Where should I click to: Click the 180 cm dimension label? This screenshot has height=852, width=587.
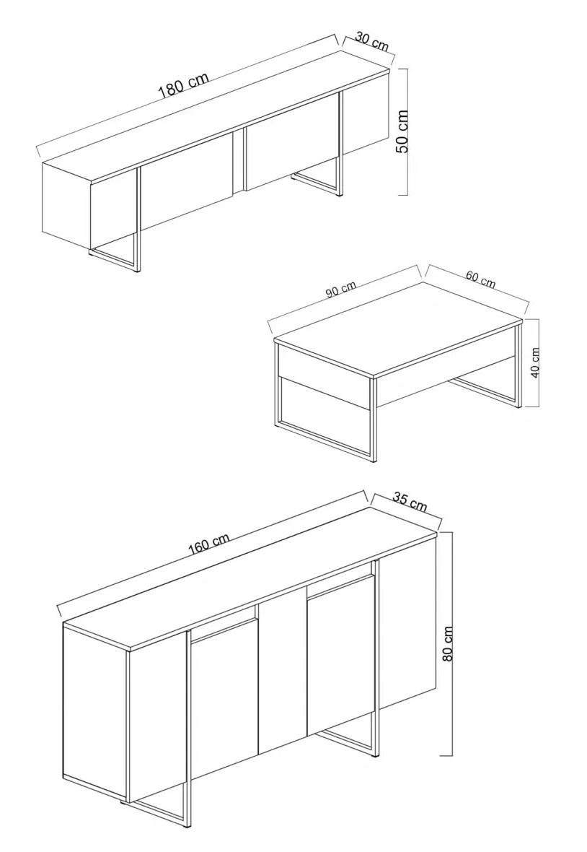pyautogui.click(x=183, y=87)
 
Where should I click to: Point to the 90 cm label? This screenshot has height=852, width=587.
pyautogui.click(x=341, y=290)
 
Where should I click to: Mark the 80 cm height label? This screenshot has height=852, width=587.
pyautogui.click(x=448, y=643)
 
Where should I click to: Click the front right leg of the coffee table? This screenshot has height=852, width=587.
pyautogui.click(x=373, y=420)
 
